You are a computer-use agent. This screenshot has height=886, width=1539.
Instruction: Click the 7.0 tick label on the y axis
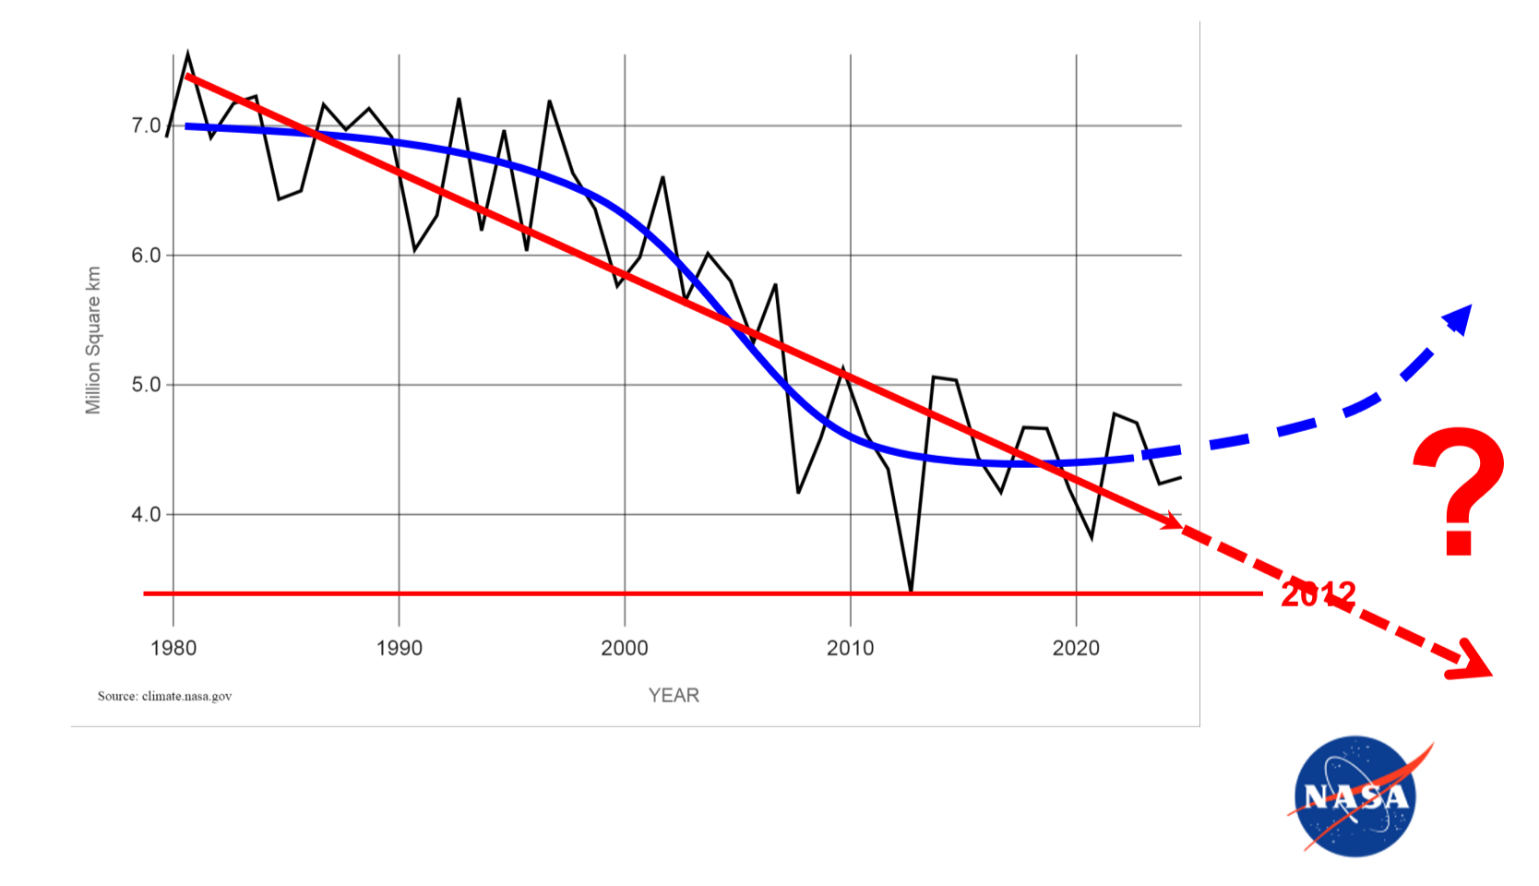[146, 126]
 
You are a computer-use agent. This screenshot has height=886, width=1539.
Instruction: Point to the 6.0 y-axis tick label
[146, 256]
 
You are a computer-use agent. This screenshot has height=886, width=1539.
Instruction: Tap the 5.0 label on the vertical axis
[146, 385]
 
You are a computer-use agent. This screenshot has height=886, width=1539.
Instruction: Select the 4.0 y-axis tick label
[146, 515]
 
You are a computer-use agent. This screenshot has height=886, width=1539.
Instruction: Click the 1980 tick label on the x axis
[173, 648]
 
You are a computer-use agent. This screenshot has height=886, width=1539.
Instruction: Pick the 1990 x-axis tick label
[400, 648]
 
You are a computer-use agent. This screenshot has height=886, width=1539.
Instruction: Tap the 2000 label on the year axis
[625, 648]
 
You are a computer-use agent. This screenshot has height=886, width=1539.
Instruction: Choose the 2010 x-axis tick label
[851, 648]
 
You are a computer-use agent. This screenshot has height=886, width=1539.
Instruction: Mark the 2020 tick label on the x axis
[1076, 648]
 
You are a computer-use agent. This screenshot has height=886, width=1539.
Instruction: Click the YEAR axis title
[674, 696]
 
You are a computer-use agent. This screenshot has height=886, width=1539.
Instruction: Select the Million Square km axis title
[93, 341]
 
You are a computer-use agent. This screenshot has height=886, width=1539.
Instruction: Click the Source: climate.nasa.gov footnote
[165, 696]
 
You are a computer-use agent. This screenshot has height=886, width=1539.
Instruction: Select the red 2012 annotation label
[1318, 594]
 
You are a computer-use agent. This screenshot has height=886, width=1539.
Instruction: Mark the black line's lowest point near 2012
[911, 590]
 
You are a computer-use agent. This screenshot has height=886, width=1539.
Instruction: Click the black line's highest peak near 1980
[188, 54]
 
